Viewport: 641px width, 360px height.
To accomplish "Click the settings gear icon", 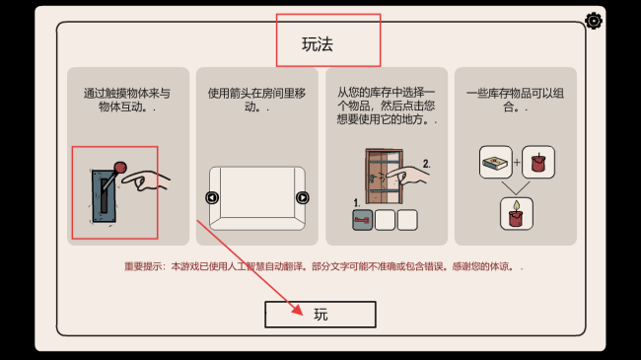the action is [593, 21].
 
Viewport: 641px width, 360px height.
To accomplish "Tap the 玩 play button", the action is [320, 315].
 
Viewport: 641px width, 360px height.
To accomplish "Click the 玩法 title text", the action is [318, 44].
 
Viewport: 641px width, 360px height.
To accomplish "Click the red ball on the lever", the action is [120, 168].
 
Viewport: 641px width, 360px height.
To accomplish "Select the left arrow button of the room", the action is [212, 197].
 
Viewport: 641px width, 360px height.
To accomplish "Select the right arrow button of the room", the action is [302, 197].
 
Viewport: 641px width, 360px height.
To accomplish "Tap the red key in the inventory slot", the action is [362, 220].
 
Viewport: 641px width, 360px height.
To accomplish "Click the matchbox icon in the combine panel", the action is [495, 163].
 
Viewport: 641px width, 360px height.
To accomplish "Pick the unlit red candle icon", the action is [538, 163].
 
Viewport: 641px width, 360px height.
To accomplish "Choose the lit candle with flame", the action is [517, 214].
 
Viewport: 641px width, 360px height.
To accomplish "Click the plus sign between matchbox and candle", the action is [517, 163].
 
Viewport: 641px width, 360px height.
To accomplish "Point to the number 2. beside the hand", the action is [426, 164].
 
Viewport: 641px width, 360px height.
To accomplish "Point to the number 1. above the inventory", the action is [357, 203].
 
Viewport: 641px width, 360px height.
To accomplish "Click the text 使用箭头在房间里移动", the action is [256, 100].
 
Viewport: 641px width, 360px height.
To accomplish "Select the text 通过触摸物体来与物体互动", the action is [127, 100].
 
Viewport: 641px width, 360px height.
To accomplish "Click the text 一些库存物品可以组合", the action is [515, 100].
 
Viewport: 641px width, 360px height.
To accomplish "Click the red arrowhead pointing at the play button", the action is [298, 310].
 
